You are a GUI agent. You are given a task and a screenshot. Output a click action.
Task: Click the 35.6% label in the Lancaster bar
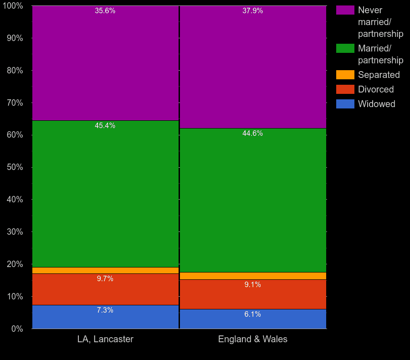[x=105, y=11]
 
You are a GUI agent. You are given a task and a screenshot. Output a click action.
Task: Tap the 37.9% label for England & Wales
[x=252, y=11]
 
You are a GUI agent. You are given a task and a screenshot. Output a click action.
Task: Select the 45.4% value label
[x=105, y=126]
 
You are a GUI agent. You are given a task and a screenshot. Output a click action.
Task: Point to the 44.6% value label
[x=252, y=134]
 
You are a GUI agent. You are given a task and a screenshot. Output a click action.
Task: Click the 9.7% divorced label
[x=105, y=279]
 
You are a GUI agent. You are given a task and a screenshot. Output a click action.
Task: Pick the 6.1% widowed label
[x=252, y=314]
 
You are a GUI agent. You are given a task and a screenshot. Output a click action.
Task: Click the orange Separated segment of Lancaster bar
[x=105, y=270]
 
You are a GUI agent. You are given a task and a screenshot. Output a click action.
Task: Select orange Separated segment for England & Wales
[x=252, y=276]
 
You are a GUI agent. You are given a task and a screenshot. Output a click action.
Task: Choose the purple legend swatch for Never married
[x=345, y=10]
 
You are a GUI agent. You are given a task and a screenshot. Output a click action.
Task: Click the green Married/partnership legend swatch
[x=345, y=48]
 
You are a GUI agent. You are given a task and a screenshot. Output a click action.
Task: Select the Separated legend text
[x=379, y=75]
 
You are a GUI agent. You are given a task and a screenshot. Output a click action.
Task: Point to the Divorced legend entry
[x=375, y=89]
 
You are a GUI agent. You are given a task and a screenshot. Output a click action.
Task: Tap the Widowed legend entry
[x=376, y=104]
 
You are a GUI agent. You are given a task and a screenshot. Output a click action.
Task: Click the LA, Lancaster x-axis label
[x=105, y=339]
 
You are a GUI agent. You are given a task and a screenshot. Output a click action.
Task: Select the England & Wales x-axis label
[x=252, y=339]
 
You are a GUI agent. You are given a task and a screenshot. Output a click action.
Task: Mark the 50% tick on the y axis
[x=15, y=167]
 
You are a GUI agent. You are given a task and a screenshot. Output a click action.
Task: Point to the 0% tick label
[x=16, y=329]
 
